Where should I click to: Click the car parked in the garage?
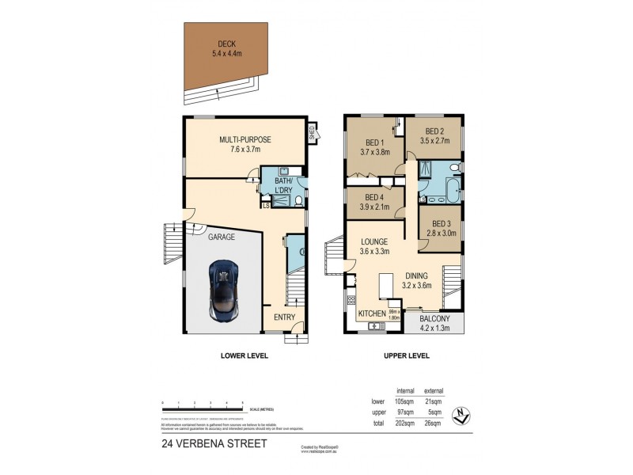(223, 287)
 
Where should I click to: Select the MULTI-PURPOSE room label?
(244, 139)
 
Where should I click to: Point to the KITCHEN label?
(372, 314)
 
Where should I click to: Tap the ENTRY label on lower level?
(284, 317)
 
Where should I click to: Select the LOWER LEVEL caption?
(244, 356)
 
